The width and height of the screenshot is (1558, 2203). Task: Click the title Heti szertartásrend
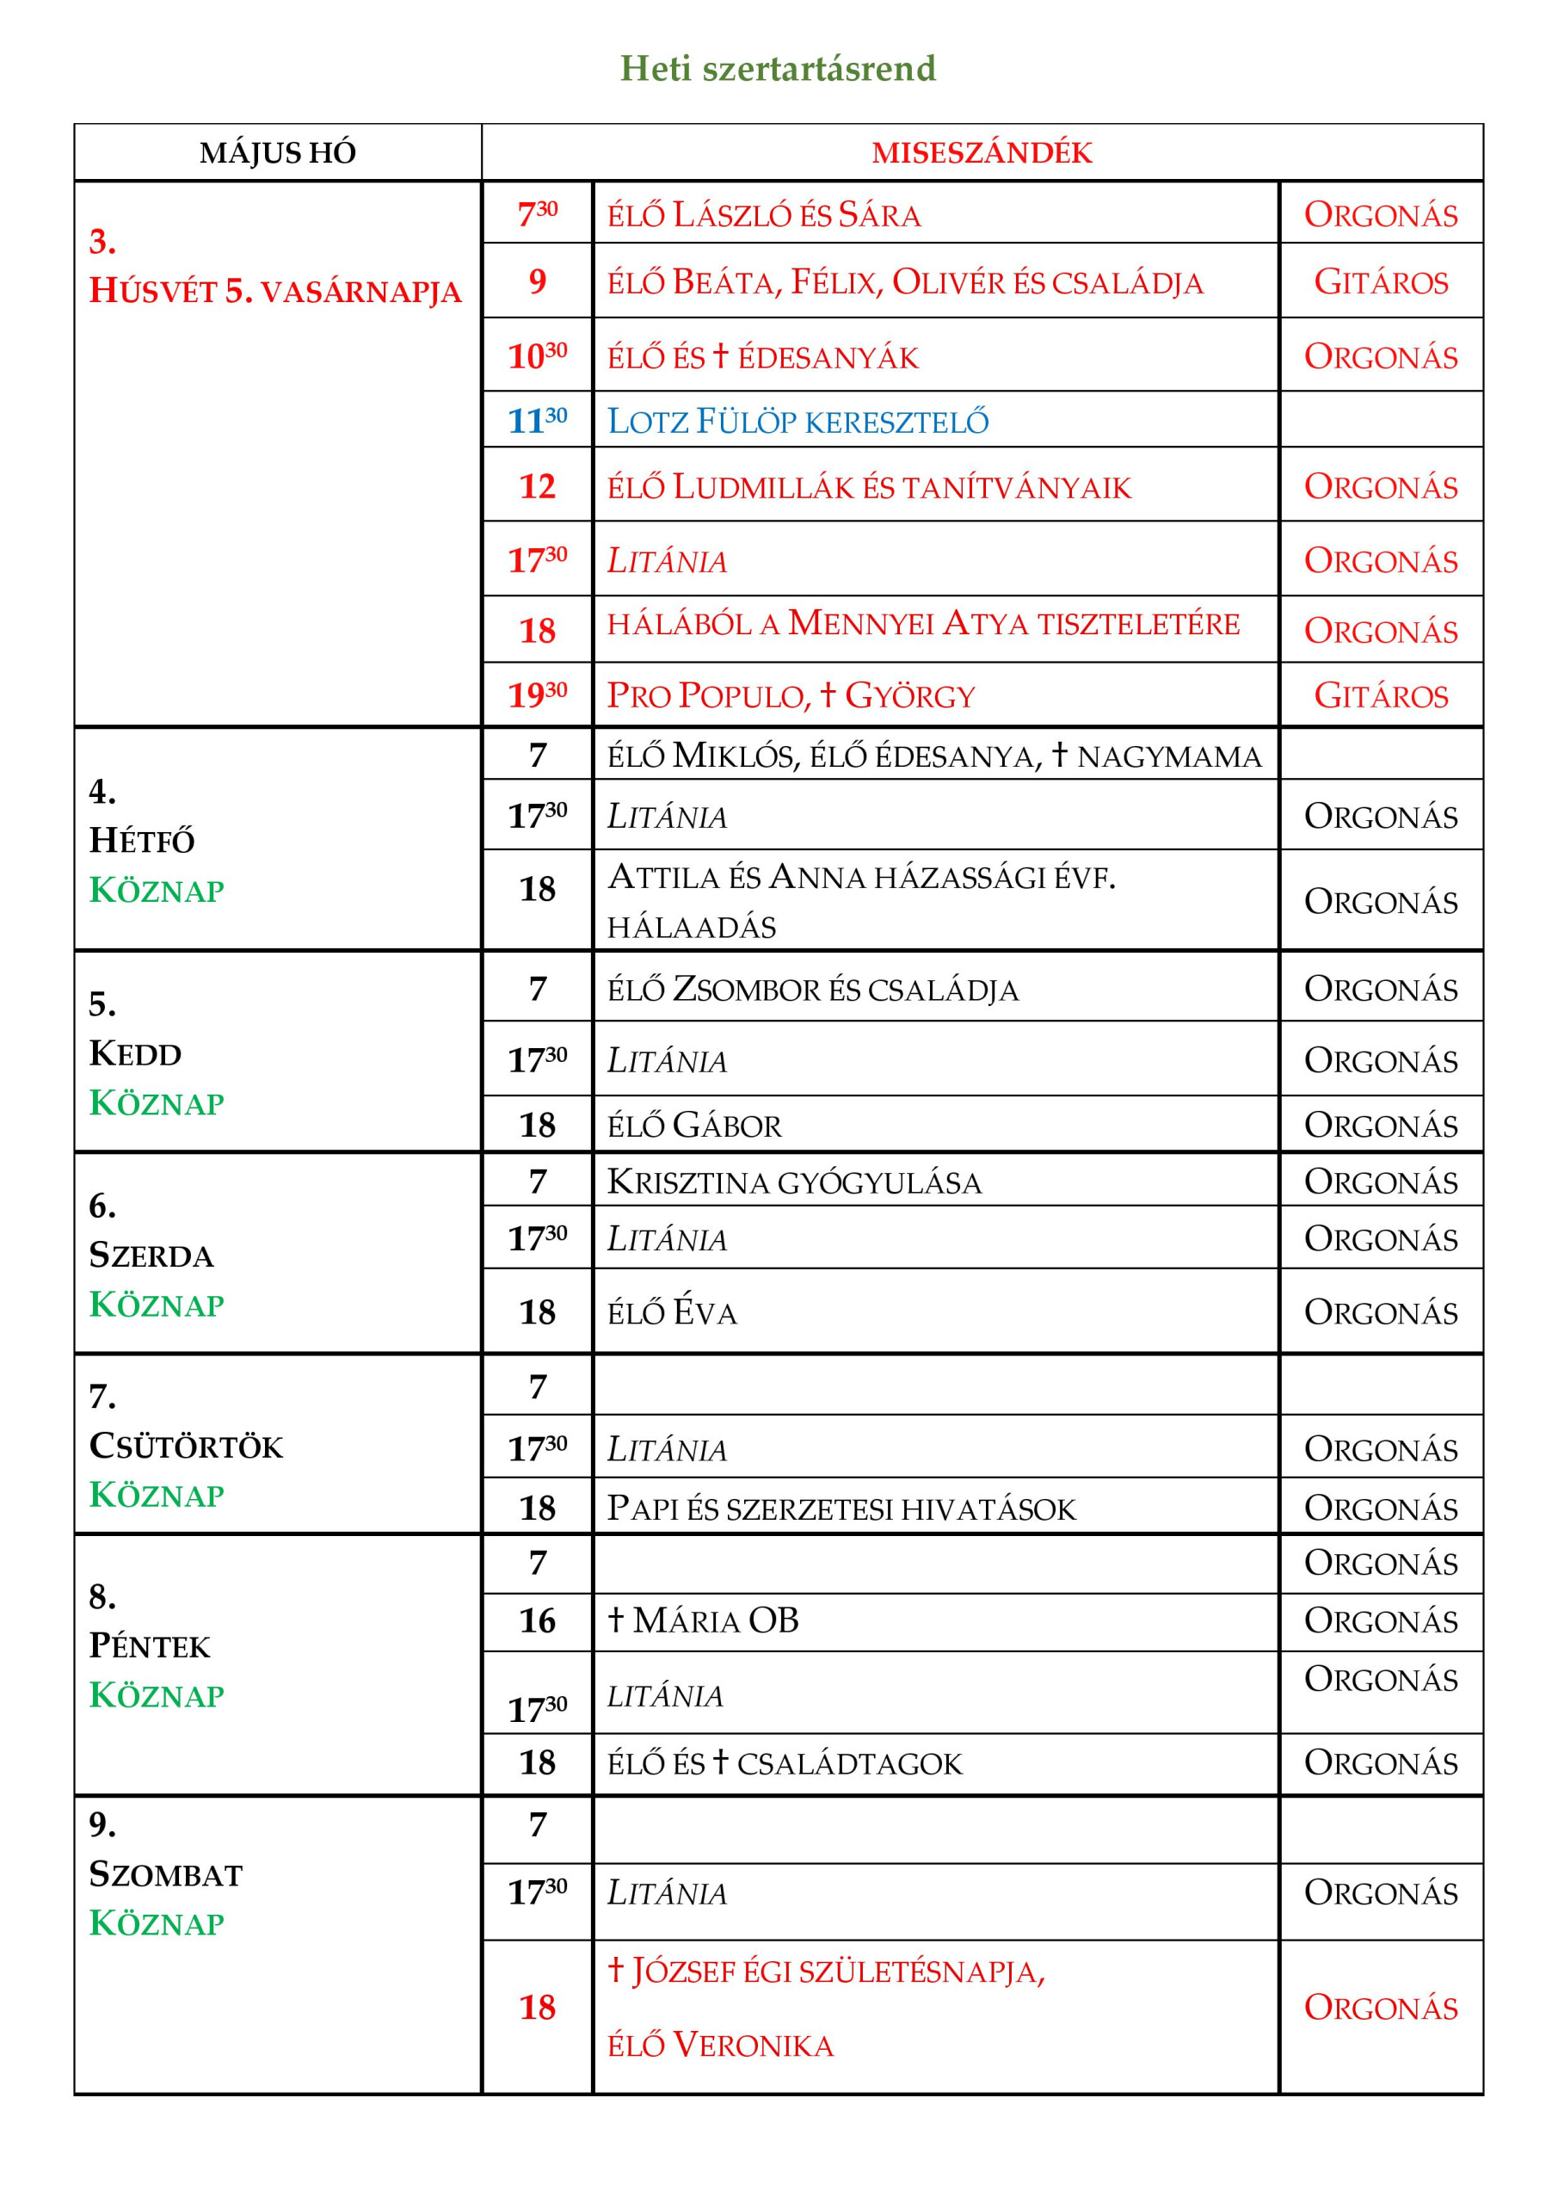coord(777,69)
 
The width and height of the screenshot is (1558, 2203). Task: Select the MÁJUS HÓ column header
coord(277,152)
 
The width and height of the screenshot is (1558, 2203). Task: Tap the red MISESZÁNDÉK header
coord(982,152)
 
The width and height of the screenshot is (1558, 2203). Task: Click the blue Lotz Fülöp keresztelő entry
coord(797,421)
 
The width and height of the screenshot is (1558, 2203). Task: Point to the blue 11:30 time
coord(537,421)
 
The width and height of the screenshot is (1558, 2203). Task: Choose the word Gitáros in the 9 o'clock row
coord(1381,282)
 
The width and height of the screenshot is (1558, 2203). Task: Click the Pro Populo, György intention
coord(791,695)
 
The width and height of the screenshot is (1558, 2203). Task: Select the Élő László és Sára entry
coord(764,215)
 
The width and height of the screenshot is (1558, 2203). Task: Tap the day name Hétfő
coord(142,842)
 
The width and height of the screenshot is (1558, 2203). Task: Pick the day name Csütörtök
coord(186,1446)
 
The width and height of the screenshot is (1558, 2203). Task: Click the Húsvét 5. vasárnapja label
coord(274,291)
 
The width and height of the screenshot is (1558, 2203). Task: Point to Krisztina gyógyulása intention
coord(794,1182)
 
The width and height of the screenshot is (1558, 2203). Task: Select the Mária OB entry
coord(703,1620)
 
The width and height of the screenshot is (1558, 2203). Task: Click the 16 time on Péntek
coord(537,1620)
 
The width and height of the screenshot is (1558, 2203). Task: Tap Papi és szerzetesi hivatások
coord(841,1509)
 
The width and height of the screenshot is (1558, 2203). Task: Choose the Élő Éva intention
coord(672,1312)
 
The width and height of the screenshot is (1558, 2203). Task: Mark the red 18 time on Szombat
coord(537,2008)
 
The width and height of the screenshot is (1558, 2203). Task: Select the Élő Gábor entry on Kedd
coord(694,1126)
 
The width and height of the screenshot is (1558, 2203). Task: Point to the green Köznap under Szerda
coord(157,1305)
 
